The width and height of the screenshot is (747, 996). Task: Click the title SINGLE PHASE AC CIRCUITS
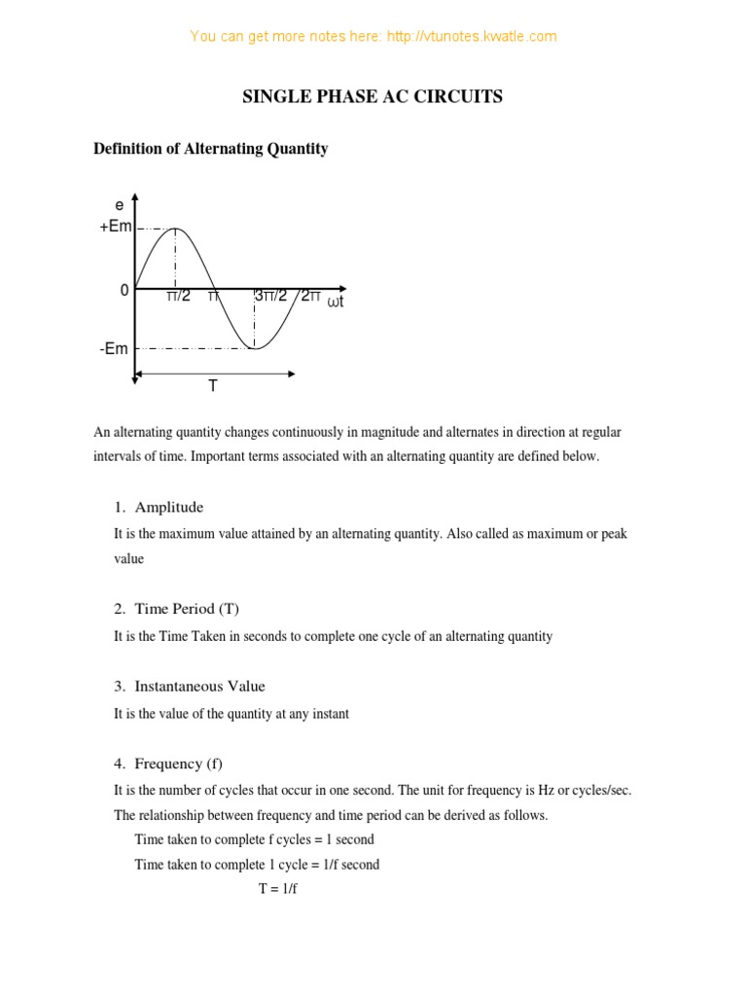(373, 96)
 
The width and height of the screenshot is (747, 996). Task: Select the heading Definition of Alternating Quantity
(210, 149)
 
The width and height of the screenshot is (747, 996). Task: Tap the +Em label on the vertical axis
(115, 226)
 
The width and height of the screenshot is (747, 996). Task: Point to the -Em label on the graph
(114, 348)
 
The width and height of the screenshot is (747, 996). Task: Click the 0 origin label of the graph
(124, 290)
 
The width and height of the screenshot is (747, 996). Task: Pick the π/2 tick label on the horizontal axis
(178, 296)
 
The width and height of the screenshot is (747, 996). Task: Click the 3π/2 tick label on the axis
(270, 296)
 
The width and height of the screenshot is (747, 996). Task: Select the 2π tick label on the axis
(310, 296)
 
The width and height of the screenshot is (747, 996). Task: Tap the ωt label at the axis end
(337, 302)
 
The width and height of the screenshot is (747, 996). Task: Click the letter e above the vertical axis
(120, 205)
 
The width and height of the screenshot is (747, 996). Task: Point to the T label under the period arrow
(213, 386)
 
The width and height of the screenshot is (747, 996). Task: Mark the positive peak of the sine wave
(175, 229)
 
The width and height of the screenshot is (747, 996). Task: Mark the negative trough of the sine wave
(255, 347)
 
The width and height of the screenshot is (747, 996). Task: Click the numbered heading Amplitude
(169, 507)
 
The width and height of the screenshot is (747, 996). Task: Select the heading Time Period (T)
(187, 609)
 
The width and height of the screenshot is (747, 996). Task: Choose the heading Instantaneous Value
(199, 686)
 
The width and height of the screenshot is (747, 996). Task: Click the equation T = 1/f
(277, 889)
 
